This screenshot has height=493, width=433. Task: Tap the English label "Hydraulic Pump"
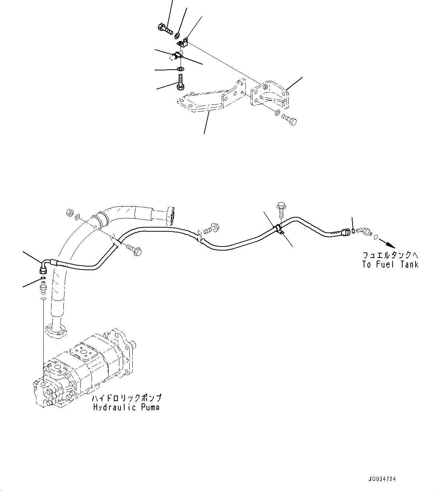[126, 407]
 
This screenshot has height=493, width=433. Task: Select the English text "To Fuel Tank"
[390, 264]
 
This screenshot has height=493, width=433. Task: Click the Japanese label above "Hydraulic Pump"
[127, 398]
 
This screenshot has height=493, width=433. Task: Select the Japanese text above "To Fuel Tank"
[390, 255]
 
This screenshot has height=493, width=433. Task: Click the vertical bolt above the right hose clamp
[280, 209]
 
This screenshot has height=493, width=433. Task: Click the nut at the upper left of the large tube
[69, 213]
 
